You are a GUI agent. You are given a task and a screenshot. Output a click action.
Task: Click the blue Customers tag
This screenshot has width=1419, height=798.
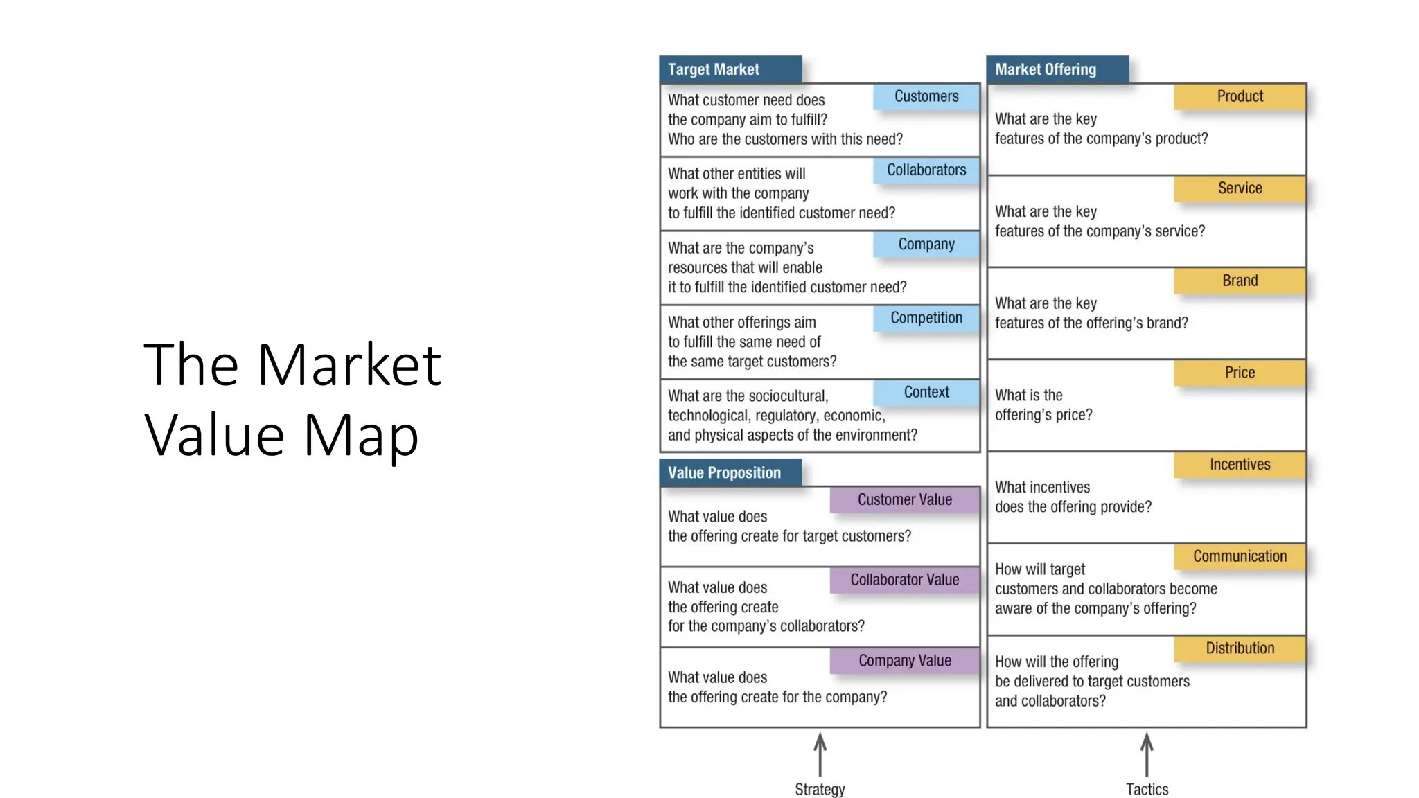coord(926,96)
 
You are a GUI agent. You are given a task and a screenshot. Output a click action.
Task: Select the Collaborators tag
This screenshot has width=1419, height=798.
coord(926,170)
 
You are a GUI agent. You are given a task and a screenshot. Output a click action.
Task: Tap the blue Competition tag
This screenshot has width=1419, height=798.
coord(926,318)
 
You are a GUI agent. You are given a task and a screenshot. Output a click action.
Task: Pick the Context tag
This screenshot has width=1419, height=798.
coord(926,392)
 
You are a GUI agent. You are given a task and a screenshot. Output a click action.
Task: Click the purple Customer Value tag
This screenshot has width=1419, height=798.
coord(904,499)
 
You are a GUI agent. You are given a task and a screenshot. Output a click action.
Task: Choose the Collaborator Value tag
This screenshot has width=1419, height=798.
coord(904,580)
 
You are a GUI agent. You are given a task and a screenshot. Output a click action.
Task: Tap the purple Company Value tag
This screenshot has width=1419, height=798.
coord(904,661)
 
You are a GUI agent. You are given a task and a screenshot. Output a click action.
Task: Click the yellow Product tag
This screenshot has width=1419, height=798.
coord(1240,96)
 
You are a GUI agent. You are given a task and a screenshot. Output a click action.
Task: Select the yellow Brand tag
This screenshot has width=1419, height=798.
coord(1240,281)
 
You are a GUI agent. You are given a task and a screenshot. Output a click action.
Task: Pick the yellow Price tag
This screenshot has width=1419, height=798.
coord(1240,373)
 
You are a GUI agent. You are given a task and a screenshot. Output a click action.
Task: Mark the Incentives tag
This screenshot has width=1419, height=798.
coord(1240,465)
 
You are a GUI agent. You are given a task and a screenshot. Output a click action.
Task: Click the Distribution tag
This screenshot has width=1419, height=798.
coord(1240,648)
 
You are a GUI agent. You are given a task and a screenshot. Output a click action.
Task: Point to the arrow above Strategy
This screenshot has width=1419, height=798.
coord(820,754)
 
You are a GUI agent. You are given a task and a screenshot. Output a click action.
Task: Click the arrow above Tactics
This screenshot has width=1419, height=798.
coord(1147,754)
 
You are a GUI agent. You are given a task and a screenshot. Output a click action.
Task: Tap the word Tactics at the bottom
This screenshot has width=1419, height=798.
coord(1147,790)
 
